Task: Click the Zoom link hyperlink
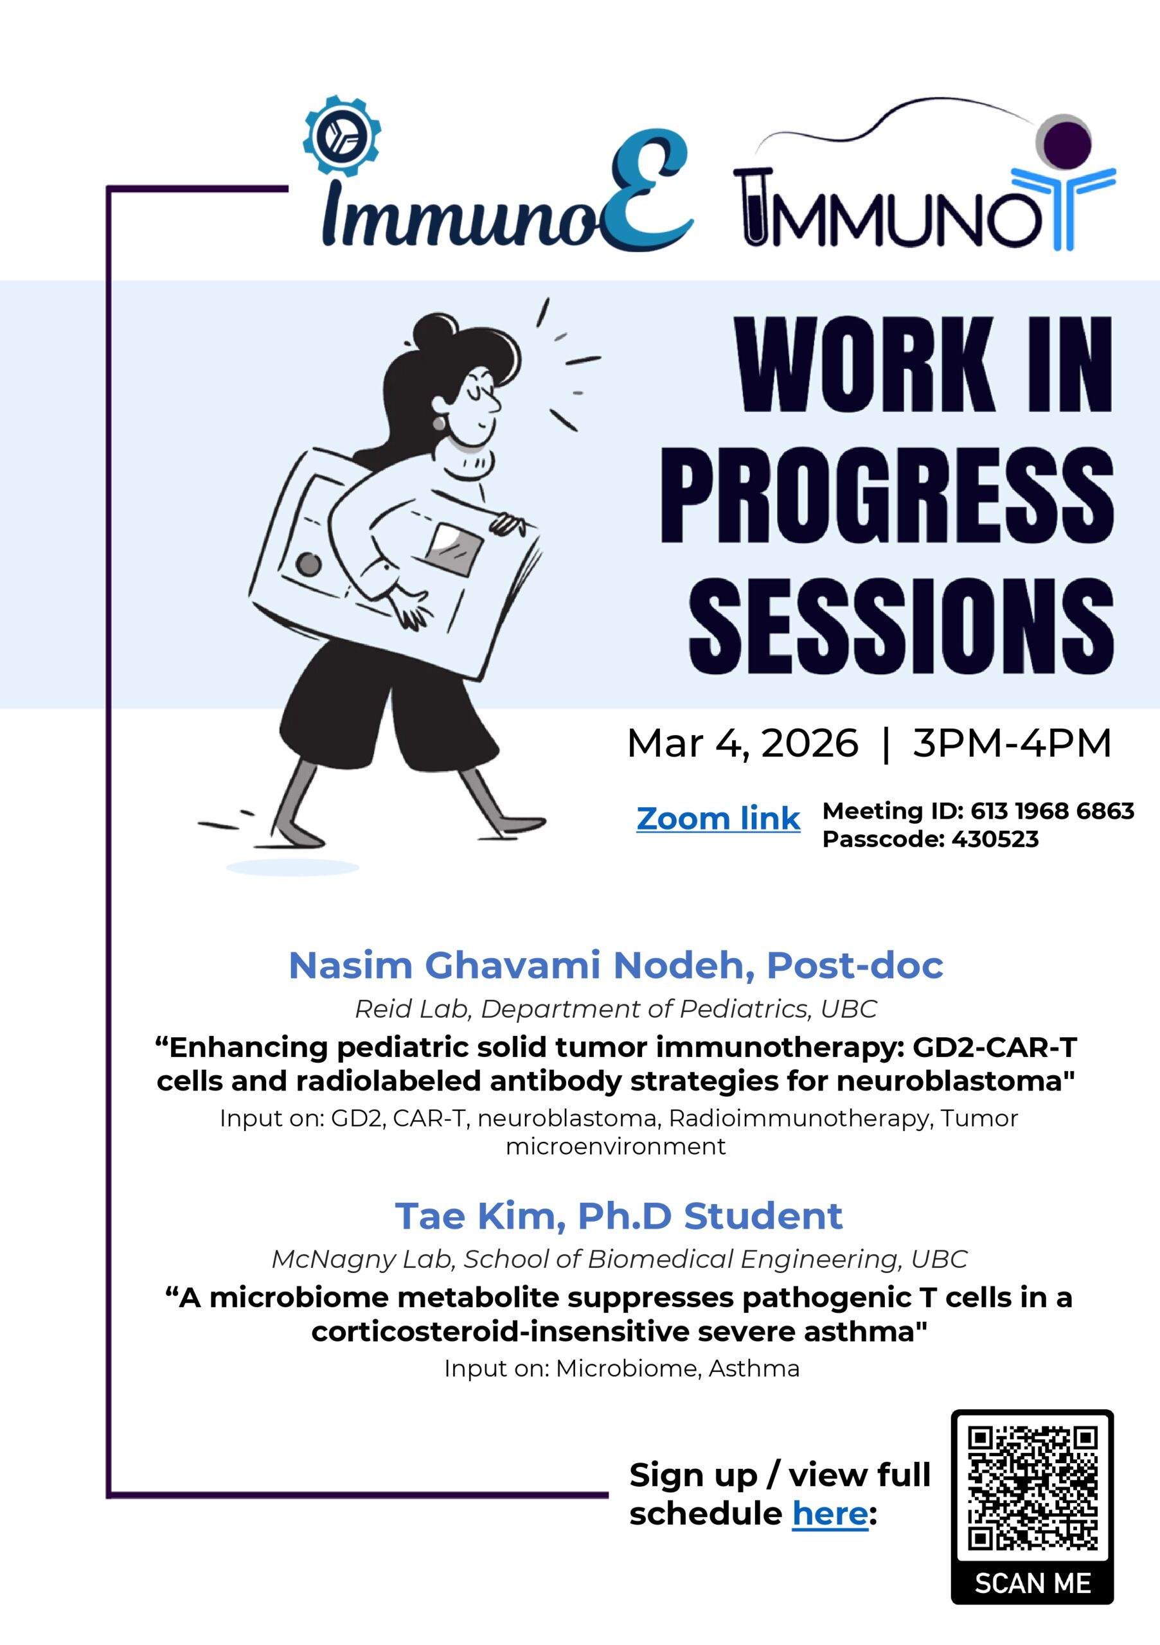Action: (x=718, y=819)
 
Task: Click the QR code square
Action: (x=1031, y=1489)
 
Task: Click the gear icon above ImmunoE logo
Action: (x=342, y=135)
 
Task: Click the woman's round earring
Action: (x=438, y=423)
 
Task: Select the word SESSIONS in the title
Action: (x=900, y=628)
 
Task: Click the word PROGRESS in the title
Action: (x=886, y=496)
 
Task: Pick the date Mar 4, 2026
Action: (x=742, y=743)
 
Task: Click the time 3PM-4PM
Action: (x=1012, y=742)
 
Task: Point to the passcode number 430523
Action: (x=994, y=839)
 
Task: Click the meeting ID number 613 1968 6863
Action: (x=1052, y=810)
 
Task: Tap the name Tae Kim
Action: (x=479, y=1216)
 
